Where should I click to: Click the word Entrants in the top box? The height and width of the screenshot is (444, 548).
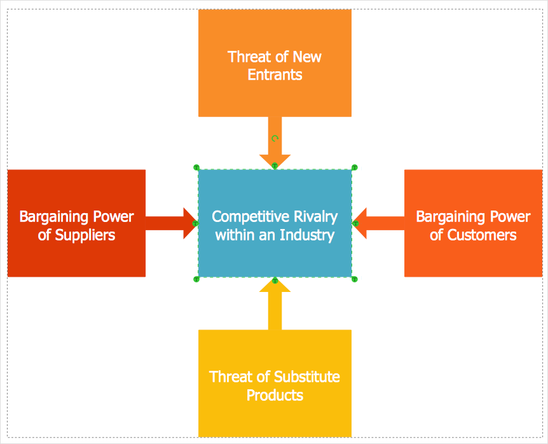(x=275, y=75)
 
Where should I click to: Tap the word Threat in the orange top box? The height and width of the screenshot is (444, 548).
(x=249, y=57)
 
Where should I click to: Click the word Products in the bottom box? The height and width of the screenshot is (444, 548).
(x=275, y=395)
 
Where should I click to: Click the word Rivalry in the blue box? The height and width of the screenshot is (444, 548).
(x=312, y=216)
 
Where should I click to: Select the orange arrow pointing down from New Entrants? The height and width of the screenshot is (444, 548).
(x=275, y=143)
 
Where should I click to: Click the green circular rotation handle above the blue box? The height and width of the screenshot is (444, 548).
(x=275, y=138)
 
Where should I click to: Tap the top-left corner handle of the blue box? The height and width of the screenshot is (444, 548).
(x=196, y=167)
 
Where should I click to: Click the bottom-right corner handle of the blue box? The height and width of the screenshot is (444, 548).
(x=354, y=279)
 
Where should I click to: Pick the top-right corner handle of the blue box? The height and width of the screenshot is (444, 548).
(x=354, y=167)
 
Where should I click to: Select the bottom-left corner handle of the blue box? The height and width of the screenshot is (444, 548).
(x=196, y=279)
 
